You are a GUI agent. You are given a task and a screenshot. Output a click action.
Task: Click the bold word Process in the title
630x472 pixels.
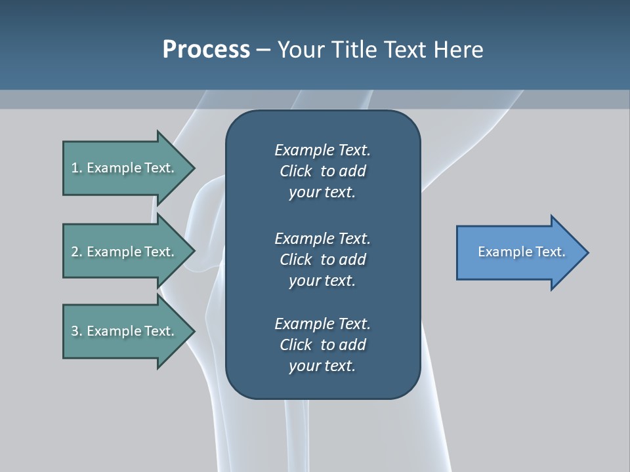[x=206, y=50]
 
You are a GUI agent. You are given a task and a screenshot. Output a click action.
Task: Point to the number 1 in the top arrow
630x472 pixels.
[x=75, y=168]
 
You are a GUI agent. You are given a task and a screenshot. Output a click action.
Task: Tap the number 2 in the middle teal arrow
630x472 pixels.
[x=75, y=252]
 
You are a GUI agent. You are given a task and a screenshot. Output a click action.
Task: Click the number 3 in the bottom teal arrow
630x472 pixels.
[x=75, y=331]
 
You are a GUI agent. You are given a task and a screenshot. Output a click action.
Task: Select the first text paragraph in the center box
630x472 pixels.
[x=322, y=171]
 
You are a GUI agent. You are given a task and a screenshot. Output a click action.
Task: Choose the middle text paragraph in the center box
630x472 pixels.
[x=322, y=259]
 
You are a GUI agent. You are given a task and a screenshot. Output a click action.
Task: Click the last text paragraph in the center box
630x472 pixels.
[x=322, y=345]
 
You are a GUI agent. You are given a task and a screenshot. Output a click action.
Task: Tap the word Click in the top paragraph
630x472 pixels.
[x=295, y=171]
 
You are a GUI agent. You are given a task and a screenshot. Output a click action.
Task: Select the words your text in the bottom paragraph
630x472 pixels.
[x=322, y=366]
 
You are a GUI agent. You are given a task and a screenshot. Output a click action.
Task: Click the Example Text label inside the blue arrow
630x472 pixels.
[x=521, y=252]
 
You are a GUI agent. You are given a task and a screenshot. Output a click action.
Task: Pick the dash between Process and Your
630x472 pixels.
[x=263, y=50]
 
